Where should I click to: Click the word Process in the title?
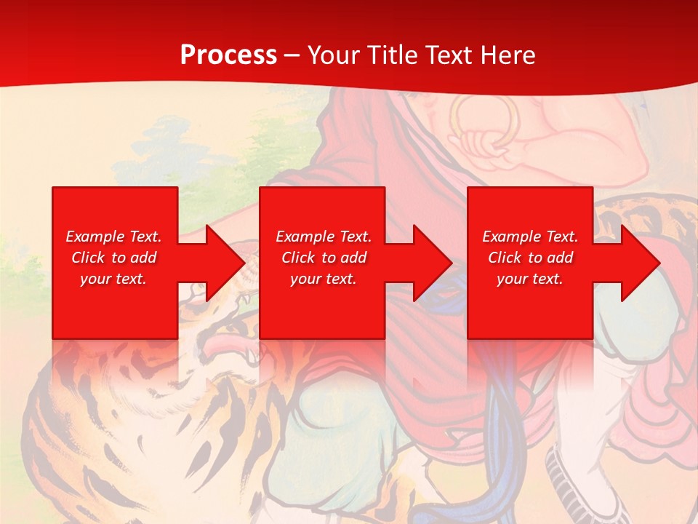tap(228, 55)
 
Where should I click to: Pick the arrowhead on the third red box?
tap(638, 263)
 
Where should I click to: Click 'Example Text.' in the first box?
tap(113, 237)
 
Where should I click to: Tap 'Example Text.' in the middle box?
tap(324, 237)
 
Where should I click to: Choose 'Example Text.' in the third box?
tap(530, 237)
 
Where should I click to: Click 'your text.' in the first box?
tap(113, 279)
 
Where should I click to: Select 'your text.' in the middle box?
tap(324, 279)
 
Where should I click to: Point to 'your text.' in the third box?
tap(530, 279)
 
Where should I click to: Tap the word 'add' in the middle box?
tap(353, 258)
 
